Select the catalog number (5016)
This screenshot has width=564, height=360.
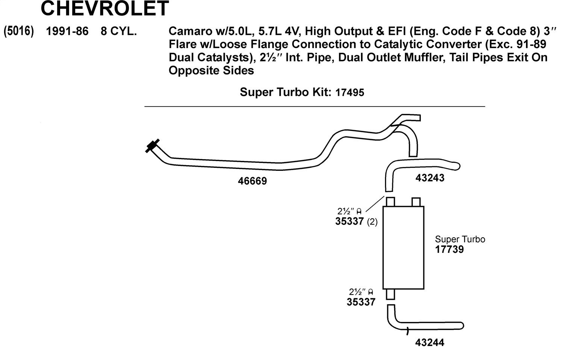(18, 31)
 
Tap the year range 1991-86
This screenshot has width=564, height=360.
(67, 31)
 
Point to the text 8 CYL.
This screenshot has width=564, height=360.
(118, 31)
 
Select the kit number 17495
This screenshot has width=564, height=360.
(350, 93)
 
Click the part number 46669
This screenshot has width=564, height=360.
(252, 181)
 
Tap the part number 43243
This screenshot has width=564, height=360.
(430, 178)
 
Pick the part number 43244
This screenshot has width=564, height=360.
(429, 342)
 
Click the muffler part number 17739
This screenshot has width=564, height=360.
(449, 249)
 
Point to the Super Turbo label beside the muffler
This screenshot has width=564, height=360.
(460, 239)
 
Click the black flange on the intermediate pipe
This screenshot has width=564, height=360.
(152, 146)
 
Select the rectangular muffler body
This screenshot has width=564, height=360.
(403, 248)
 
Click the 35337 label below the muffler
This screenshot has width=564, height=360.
(361, 302)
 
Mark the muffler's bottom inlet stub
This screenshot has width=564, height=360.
(390, 294)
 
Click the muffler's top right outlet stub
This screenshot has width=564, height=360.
(416, 202)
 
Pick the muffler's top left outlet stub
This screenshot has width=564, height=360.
(390, 202)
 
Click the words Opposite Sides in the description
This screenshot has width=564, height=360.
(211, 70)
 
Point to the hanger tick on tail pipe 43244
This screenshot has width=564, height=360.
(407, 331)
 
